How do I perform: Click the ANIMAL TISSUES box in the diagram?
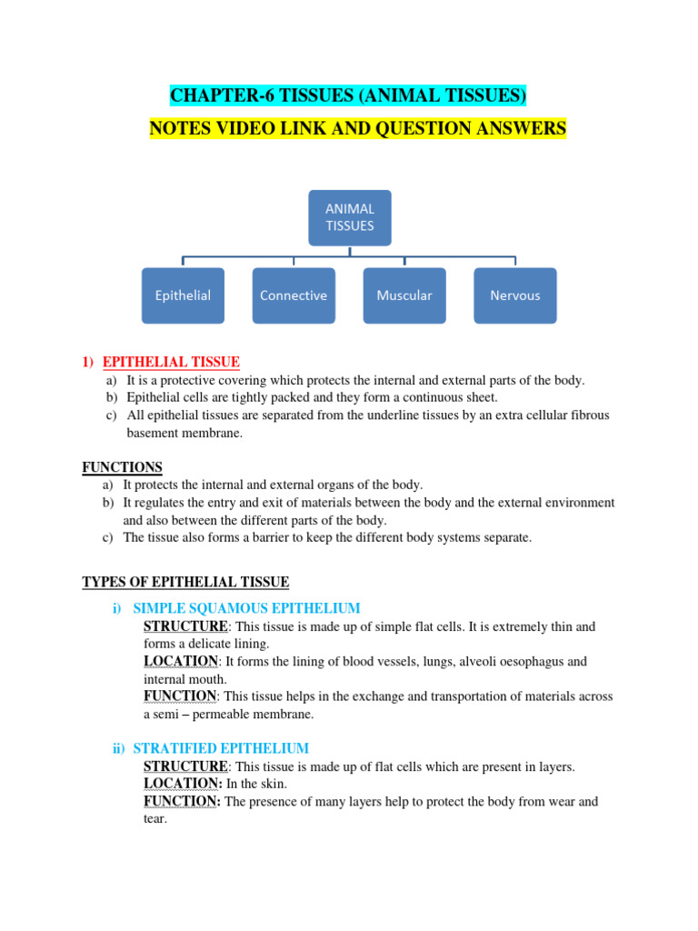350,217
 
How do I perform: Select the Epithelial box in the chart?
184,295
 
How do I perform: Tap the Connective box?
294,295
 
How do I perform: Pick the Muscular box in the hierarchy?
404,295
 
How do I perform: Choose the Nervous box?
514,295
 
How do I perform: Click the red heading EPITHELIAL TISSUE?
171,362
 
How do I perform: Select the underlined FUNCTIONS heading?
122,467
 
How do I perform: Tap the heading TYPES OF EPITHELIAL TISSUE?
185,582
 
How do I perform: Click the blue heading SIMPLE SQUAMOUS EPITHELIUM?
246,607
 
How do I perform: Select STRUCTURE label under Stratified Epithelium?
185,766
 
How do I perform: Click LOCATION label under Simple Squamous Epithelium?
180,661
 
